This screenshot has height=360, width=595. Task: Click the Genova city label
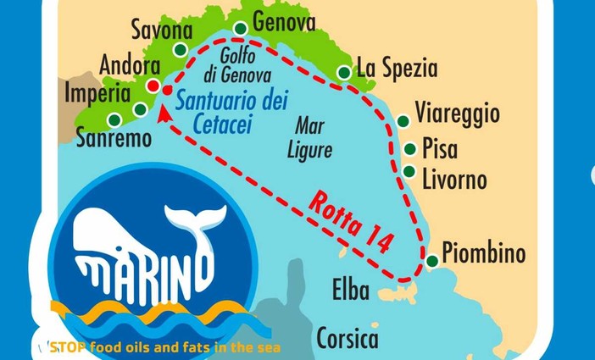pos(284,22)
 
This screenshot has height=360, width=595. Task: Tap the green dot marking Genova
pos(240,29)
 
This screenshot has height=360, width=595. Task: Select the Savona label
pos(163,31)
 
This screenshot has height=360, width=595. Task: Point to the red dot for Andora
pos(153,86)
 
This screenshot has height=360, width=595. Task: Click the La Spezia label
pos(397,68)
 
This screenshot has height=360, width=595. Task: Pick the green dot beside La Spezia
pos(344,73)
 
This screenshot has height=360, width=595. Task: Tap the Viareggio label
pos(458,114)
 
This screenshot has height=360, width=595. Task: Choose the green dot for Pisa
pos(410,149)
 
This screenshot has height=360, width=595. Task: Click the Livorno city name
pos(454,180)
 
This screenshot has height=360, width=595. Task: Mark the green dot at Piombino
pos(431,262)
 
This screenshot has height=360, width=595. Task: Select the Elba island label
pos(350,291)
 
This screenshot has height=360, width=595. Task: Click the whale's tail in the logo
pos(197,221)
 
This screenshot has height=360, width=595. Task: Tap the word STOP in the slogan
pos(67,346)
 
